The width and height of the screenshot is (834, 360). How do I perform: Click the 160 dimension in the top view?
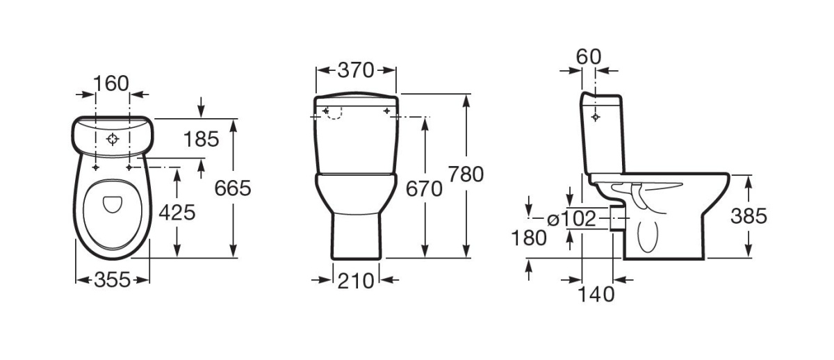point(111,83)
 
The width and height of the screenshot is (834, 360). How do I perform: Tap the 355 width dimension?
point(112,280)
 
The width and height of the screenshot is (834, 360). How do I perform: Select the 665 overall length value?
point(233,188)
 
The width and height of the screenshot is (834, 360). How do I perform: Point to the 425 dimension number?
point(177,213)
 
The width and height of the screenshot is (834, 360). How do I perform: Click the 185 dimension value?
point(201,140)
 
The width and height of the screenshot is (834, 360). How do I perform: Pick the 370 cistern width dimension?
point(356,70)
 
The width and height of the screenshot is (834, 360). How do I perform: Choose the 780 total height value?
point(466,174)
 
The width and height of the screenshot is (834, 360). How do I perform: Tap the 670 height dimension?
point(424,189)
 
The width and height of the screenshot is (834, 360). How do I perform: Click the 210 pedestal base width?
point(356,281)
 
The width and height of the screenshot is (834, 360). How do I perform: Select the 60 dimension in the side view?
point(589,57)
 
